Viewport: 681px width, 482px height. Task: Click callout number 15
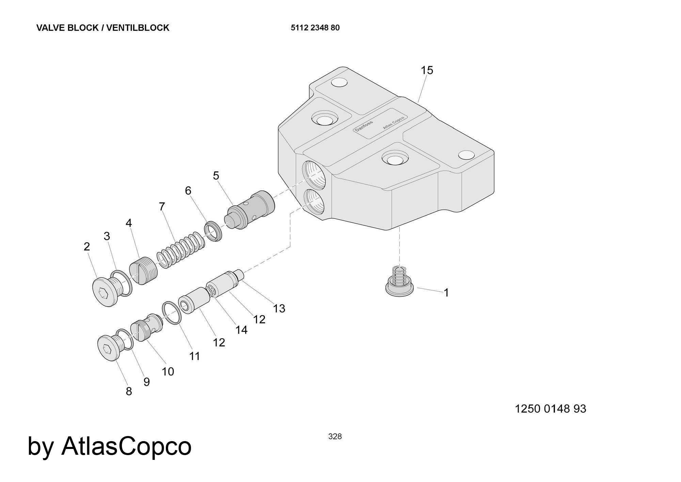point(427,71)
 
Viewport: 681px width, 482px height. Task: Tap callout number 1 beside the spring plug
point(446,293)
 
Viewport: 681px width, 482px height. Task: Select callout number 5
point(216,176)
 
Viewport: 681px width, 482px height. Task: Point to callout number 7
point(162,206)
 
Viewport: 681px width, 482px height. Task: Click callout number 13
point(279,309)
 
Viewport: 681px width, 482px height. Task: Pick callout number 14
point(241,330)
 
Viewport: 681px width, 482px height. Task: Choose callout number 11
point(194,356)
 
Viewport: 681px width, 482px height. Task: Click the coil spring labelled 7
point(180,250)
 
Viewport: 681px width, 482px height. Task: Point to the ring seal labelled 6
point(213,232)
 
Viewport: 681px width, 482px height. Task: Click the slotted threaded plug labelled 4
point(144,270)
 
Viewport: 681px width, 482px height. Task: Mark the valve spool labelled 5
point(252,209)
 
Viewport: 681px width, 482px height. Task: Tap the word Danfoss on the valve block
point(364,126)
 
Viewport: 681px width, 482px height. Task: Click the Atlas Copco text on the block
point(393,123)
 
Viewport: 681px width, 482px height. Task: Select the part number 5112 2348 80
point(315,28)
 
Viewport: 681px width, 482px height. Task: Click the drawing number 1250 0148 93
point(550,409)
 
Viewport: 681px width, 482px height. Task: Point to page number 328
point(335,436)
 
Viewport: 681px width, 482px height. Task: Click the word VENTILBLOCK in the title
point(138,28)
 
